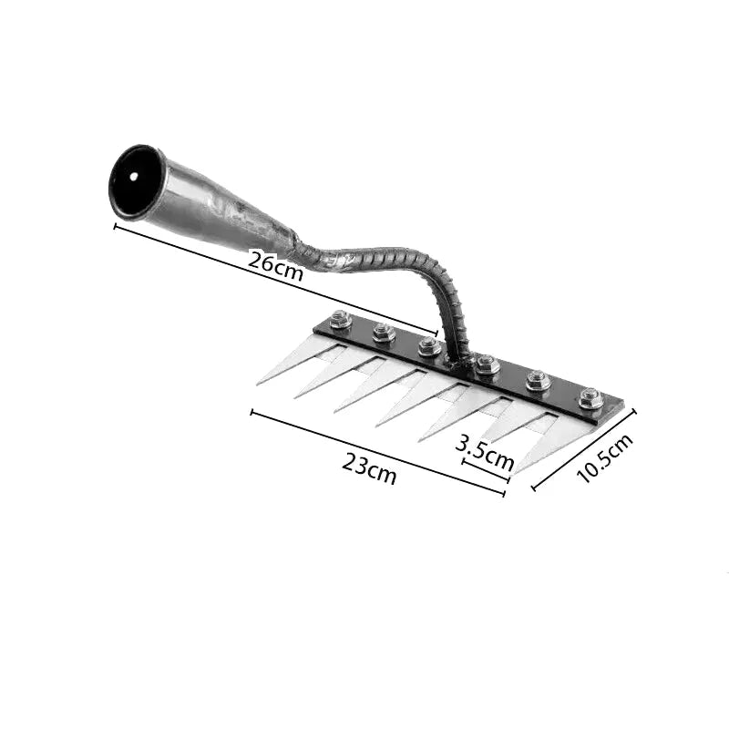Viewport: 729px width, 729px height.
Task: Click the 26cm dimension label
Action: click(x=276, y=265)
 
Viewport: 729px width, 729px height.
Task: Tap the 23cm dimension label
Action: click(x=369, y=468)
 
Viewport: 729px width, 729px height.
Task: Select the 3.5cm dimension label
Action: click(x=485, y=451)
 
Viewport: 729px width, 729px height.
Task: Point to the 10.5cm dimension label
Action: click(x=604, y=458)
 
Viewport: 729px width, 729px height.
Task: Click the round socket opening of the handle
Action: click(x=133, y=180)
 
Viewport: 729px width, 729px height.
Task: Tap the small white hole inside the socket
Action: click(x=134, y=177)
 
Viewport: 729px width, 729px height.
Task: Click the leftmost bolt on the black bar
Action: click(x=340, y=320)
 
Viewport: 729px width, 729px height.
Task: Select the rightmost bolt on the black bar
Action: click(x=590, y=398)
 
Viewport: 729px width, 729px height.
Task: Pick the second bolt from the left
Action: click(x=384, y=333)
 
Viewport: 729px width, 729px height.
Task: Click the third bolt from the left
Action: click(x=429, y=347)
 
